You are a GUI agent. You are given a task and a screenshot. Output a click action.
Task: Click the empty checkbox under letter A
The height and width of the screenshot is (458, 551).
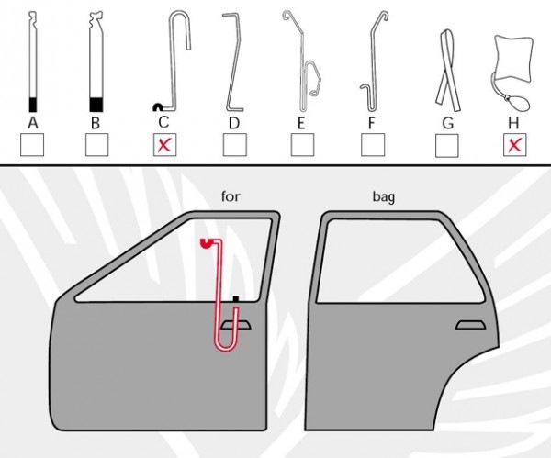point(32,145)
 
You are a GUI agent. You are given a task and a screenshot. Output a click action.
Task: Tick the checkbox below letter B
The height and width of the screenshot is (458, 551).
point(97,145)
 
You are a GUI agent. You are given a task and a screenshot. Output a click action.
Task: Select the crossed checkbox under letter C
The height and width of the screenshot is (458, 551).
point(164,145)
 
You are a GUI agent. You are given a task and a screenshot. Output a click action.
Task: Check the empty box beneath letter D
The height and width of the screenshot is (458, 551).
point(235,145)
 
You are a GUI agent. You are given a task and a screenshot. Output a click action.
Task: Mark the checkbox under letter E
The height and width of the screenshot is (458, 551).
point(302,145)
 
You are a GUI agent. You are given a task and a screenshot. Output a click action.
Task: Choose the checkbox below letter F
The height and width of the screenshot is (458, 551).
point(373,145)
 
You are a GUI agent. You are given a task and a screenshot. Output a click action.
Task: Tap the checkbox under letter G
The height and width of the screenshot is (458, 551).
point(447,145)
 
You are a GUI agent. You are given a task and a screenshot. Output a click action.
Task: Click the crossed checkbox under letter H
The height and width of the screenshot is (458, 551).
point(515,145)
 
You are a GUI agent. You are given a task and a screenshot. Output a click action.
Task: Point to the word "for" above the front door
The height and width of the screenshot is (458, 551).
point(231,196)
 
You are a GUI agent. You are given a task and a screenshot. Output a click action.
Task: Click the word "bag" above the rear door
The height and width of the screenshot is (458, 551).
point(383,196)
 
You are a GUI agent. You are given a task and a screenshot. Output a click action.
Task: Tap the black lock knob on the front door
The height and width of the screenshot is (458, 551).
point(236,299)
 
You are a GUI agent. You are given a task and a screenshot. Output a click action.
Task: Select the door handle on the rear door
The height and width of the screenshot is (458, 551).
point(470,325)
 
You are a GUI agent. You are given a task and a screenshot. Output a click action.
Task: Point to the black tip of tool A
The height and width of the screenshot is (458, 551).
point(33,105)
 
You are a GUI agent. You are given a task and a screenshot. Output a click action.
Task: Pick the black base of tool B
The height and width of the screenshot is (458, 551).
point(96,105)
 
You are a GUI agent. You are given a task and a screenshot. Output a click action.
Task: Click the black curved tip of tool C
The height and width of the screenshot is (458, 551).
point(157,106)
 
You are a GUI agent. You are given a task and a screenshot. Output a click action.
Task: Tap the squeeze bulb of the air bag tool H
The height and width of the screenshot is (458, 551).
point(516,103)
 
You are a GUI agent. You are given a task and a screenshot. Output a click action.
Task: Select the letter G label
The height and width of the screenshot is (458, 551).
point(448,123)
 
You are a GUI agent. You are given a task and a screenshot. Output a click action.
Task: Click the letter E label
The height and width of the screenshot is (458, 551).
point(301,123)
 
